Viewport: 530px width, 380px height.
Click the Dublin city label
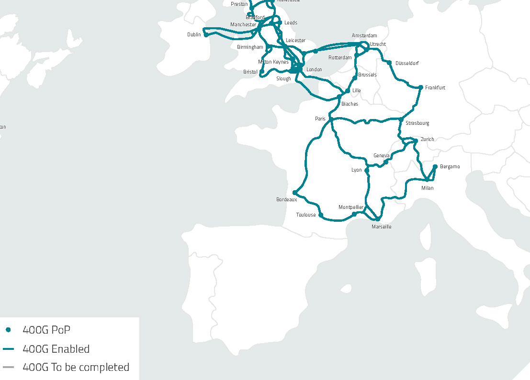pos(194,35)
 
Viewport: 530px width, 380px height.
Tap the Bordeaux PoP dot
pos(294,192)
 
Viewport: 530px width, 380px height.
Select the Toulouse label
pos(306,215)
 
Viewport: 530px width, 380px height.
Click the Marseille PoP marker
pos(377,219)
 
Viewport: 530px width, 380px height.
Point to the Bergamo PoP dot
pos(435,166)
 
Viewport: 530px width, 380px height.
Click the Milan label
pos(427,188)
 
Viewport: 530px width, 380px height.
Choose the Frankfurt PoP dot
pos(420,87)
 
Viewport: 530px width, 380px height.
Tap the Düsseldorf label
pos(407,63)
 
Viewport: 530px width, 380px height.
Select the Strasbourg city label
pos(417,123)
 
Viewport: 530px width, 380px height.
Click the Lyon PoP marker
pos(367,170)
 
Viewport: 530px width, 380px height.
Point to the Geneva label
pos(381,156)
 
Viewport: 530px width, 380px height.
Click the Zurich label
pos(427,140)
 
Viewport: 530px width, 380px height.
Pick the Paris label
pos(320,119)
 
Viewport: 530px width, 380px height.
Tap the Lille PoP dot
pos(348,90)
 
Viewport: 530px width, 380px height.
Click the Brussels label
pos(367,75)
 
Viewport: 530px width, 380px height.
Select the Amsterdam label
pos(364,36)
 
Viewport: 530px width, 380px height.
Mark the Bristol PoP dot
pos(262,72)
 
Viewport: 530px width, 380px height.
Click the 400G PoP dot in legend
pos(8,330)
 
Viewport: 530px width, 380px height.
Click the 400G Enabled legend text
pos(56,349)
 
